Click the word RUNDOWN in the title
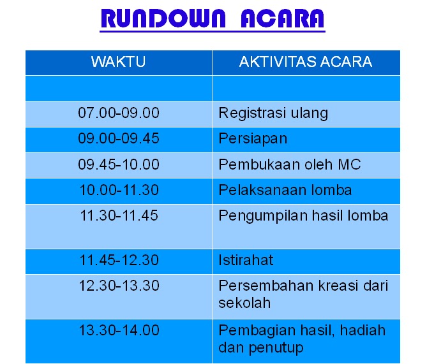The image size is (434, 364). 163,18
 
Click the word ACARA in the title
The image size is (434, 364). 282,18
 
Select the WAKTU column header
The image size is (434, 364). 119,62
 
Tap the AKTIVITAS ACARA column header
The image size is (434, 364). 306,62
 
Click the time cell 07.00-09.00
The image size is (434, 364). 119,113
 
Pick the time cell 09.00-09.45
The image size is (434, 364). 119,138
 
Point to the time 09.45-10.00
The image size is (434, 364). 119,164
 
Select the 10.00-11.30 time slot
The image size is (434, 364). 119,190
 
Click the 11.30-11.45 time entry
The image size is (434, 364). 119,215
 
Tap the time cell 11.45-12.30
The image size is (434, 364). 119,260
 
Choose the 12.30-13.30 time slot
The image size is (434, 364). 119,286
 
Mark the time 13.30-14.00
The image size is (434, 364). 119,330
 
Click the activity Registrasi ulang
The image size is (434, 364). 273,113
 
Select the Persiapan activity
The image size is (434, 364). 253,139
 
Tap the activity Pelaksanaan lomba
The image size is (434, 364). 285,190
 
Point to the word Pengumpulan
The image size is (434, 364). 263,216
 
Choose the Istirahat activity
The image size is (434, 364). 246,260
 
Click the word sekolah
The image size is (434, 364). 244,303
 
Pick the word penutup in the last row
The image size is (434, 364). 276,348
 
